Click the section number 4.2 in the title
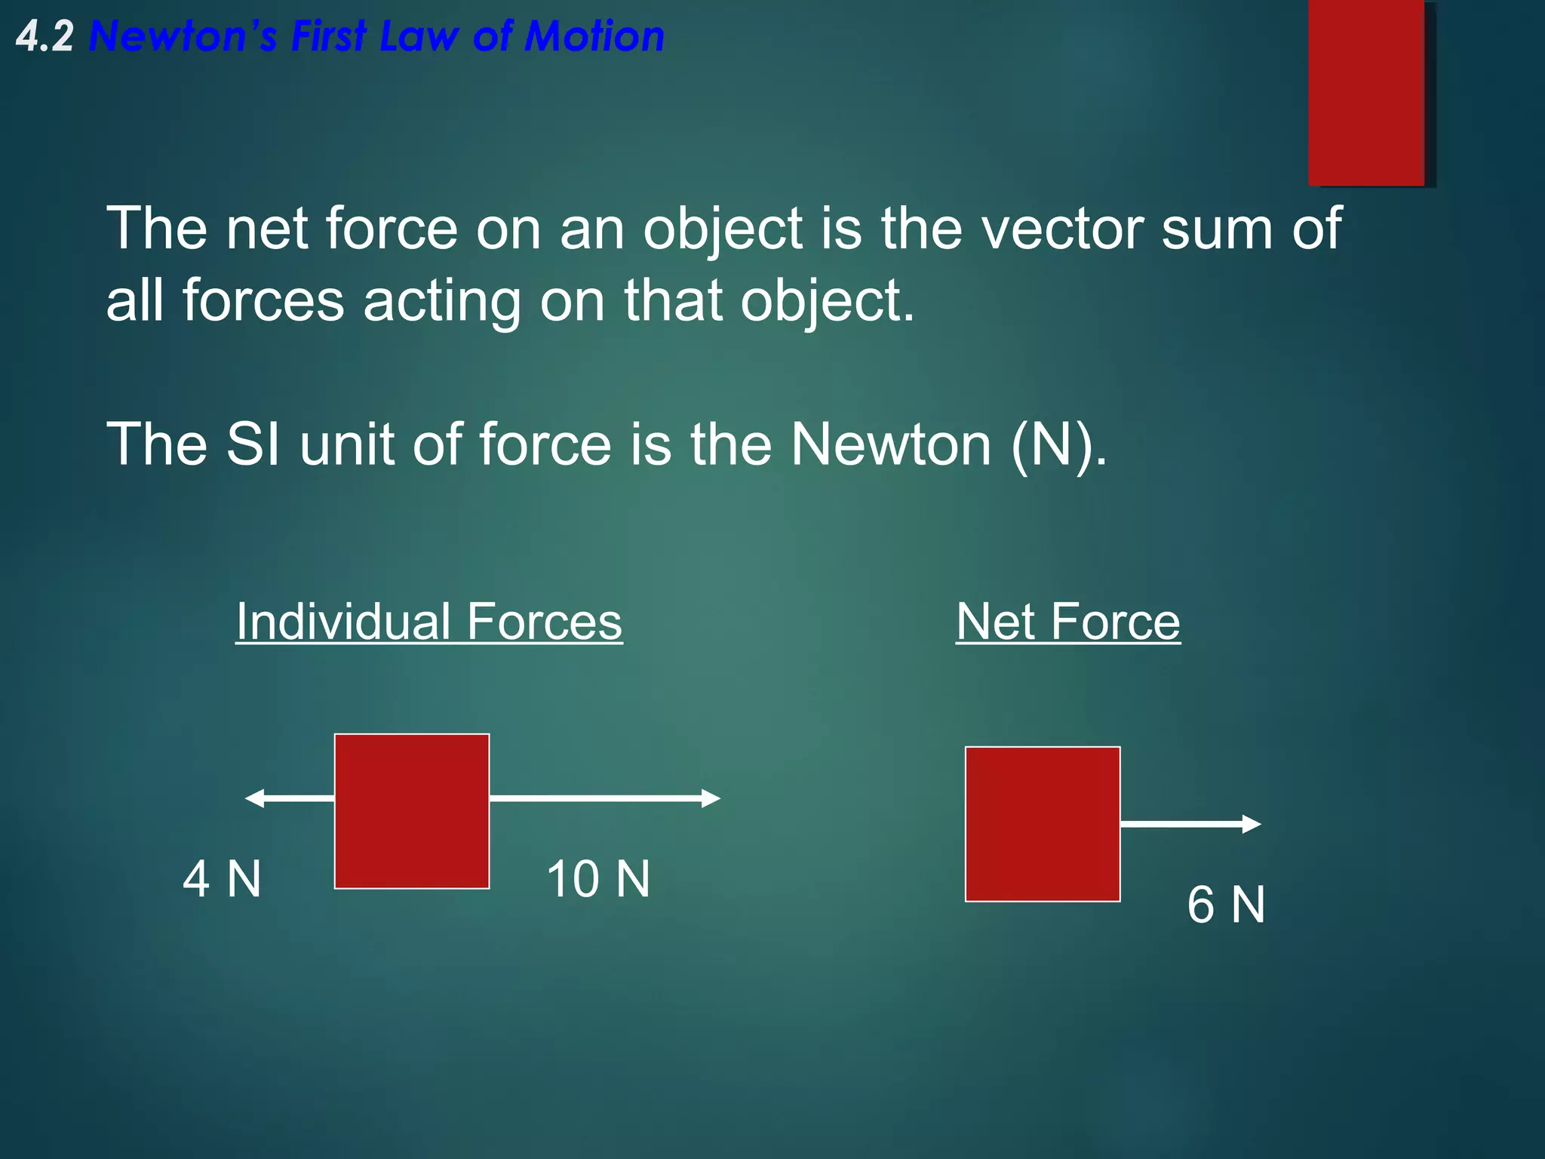tap(45, 37)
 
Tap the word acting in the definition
tap(441, 300)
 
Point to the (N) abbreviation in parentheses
tap(1052, 445)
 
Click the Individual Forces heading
tap(428, 622)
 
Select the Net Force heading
tap(1067, 622)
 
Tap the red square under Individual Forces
tap(411, 811)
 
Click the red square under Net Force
tap(1043, 824)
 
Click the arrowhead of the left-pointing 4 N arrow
tap(255, 798)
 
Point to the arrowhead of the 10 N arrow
tap(711, 798)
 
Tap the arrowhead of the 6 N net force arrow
tap(1252, 824)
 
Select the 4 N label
tap(222, 879)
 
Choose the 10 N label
tap(597, 879)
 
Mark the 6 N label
tap(1226, 905)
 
